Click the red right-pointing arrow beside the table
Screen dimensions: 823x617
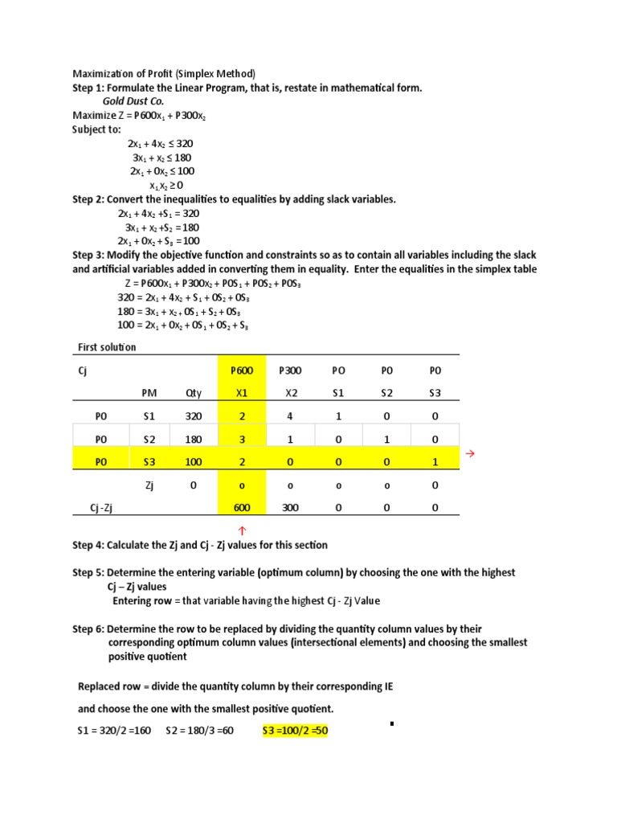pos(471,454)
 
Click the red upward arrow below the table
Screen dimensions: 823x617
pos(241,530)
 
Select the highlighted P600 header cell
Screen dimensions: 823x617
pos(241,371)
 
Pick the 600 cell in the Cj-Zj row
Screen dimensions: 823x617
pos(241,507)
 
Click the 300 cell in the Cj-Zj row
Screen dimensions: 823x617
pos(287,507)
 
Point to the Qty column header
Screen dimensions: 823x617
pos(194,393)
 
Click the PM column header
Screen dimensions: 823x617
pos(149,393)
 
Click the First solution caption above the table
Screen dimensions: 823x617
pos(107,347)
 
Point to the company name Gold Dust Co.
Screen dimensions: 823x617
pos(133,102)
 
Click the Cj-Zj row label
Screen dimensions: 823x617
pos(105,507)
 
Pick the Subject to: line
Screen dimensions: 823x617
pos(97,129)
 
